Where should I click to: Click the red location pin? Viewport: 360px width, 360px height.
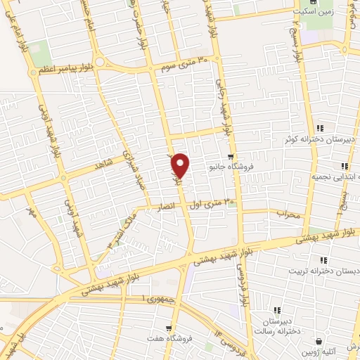(x=181, y=165)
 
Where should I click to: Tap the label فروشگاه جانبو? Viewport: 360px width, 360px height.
(x=230, y=168)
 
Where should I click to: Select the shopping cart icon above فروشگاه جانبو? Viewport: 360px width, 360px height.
(x=231, y=157)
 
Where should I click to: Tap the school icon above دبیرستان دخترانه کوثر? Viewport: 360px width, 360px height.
(x=320, y=128)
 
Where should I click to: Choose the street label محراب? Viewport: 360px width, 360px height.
(x=288, y=213)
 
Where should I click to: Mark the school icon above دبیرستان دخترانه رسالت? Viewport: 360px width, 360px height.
(x=277, y=309)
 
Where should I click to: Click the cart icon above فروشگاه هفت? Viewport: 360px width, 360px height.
(x=168, y=328)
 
